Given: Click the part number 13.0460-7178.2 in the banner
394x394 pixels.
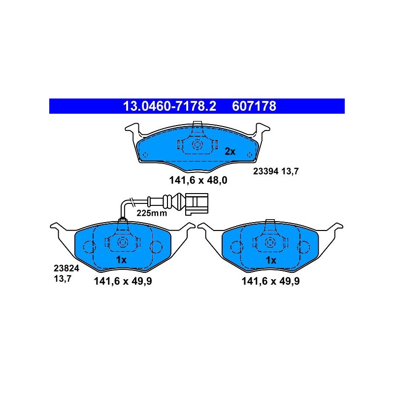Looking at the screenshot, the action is point(169,106).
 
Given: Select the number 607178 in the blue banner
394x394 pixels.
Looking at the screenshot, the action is point(254,106).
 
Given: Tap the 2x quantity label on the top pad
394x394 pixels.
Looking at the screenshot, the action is point(230,152).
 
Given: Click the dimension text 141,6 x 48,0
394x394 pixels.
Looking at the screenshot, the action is point(198,180).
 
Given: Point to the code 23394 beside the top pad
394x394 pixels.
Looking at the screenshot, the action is point(265,171).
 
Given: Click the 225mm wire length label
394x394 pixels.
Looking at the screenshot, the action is point(152,213).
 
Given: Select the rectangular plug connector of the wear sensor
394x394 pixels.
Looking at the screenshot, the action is point(197,204).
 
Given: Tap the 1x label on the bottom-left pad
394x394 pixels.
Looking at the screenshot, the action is point(121,260).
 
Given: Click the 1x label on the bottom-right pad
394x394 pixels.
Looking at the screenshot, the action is point(271,260).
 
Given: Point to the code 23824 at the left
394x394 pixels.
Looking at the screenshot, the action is point(66,268).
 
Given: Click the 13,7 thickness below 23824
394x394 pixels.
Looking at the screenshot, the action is point(63,279).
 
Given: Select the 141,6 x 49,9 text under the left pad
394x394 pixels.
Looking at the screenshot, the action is point(123,281).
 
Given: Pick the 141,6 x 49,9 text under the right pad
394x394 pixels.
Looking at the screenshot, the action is point(270,281).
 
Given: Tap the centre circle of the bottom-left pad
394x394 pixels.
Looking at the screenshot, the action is point(123,242).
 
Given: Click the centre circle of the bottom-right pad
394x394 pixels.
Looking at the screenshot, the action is point(270,242).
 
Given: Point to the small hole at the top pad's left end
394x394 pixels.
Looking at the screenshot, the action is point(145,155).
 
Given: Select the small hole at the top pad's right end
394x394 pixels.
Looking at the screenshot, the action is point(250,155).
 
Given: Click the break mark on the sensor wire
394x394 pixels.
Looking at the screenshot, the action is point(131,201).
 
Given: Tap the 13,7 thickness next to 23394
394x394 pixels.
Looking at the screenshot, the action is point(290,171).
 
